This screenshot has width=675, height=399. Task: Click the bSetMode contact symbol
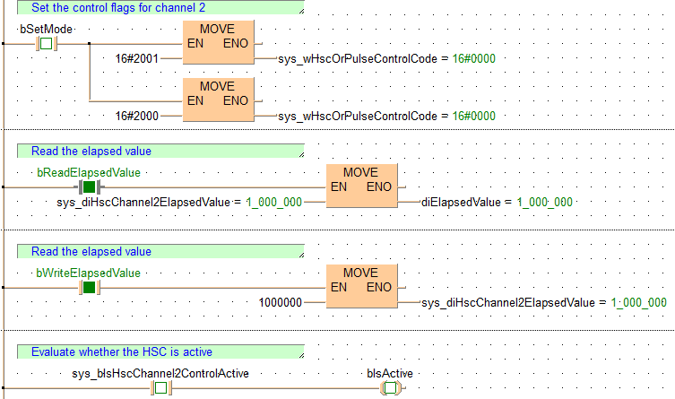click(x=45, y=44)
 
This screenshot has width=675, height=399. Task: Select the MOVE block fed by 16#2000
click(x=217, y=100)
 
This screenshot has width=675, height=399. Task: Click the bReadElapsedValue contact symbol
click(x=89, y=186)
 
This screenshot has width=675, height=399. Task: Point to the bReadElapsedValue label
click(x=88, y=171)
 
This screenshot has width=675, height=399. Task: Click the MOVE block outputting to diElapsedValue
click(x=360, y=186)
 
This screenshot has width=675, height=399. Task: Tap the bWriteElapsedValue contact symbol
click(x=89, y=287)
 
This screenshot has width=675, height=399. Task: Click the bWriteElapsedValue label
click(x=88, y=272)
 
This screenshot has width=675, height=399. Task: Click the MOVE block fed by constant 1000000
click(x=360, y=287)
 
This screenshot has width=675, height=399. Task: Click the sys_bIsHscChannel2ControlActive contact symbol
click(x=160, y=388)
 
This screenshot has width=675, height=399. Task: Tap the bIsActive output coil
click(x=390, y=388)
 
